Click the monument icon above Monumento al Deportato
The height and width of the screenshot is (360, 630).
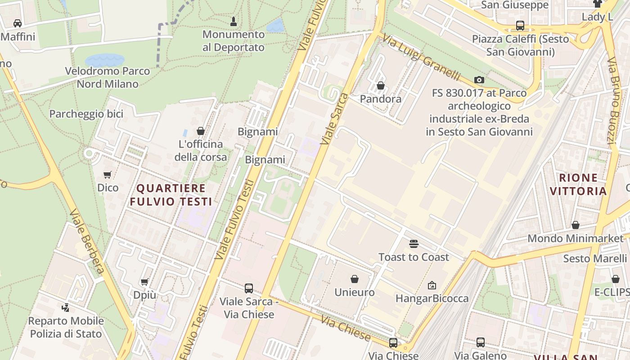point(234,21)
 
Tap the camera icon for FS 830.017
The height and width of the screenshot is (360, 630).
point(479,80)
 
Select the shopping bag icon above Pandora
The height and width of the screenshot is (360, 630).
point(381,85)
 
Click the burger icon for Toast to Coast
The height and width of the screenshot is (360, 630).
point(414,244)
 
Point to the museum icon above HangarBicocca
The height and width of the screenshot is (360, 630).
point(432,285)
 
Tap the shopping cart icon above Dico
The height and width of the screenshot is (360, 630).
point(108,175)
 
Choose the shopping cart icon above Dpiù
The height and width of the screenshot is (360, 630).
point(144,282)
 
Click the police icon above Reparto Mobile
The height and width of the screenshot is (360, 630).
point(66,308)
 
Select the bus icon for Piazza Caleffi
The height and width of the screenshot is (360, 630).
point(520,26)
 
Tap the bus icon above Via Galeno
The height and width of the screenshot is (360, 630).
point(481,342)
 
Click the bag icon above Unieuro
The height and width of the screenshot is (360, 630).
point(355,279)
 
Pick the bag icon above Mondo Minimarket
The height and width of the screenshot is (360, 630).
point(576,225)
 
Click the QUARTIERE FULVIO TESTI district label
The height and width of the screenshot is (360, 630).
point(171,195)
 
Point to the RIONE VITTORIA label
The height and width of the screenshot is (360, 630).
point(578,184)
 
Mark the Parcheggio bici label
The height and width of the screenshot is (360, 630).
point(86,114)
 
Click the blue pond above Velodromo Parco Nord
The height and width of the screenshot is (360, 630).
point(104,60)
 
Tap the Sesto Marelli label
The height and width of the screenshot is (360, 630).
point(595,259)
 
